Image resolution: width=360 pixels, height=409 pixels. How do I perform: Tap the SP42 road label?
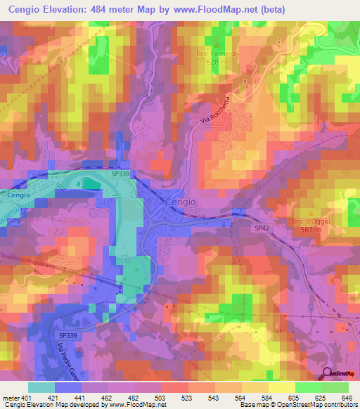point(262,229)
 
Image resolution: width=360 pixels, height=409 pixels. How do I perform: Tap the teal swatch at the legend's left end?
point(41,387)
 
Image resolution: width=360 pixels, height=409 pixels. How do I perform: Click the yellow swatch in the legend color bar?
point(281,387)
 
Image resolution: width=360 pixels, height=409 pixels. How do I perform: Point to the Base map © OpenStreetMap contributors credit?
point(297,405)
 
